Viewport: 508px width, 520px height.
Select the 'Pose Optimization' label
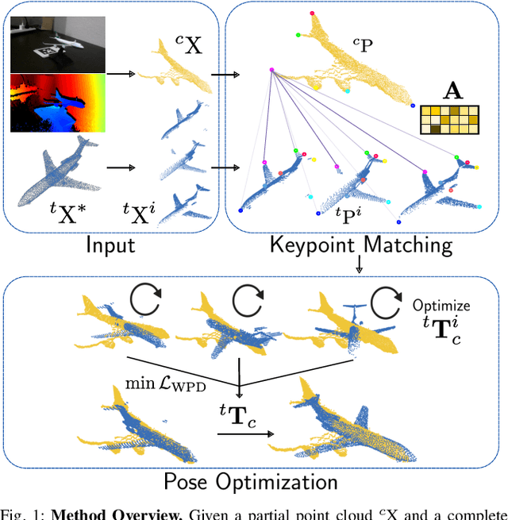click(x=250, y=481)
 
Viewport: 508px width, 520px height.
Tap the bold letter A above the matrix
click(x=452, y=92)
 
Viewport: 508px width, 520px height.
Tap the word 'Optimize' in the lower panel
click(x=441, y=305)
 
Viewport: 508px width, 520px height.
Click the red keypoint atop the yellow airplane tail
click(x=312, y=13)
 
